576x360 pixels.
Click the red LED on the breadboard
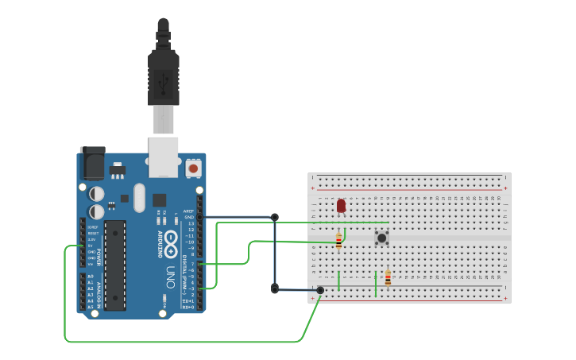tap(341, 206)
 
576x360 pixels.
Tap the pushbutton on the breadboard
tap(381, 237)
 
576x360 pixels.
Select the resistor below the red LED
tap(338, 240)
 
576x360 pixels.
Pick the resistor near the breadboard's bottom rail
tap(388, 278)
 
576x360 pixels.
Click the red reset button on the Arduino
tap(193, 168)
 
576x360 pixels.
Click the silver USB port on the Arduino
tap(164, 157)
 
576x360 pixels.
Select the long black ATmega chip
tap(115, 265)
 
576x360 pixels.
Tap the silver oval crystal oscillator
tap(141, 198)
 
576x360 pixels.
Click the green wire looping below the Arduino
tap(183, 342)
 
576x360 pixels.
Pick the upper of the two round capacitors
tap(97, 193)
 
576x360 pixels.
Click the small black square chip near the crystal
tap(160, 199)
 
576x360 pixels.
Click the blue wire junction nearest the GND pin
tap(275, 217)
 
